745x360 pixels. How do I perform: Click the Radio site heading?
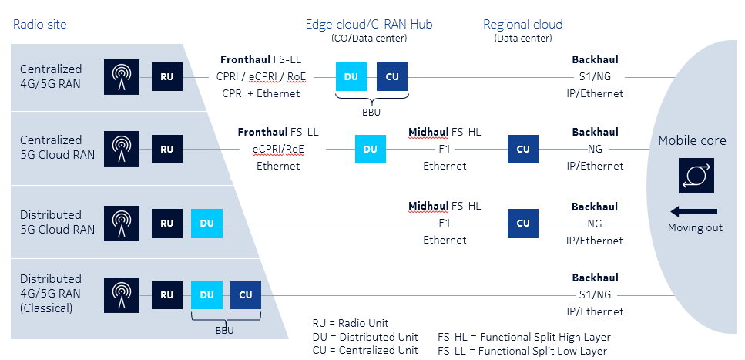40,24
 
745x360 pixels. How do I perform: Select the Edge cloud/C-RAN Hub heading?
369,24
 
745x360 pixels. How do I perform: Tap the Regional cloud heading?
522,24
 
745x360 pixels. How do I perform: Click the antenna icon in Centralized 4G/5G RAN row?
122,77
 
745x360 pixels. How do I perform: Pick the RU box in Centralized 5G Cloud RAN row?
166,150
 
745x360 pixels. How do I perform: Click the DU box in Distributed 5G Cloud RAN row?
206,223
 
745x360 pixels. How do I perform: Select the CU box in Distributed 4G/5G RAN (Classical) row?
246,294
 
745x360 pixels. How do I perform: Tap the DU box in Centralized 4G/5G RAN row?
351,77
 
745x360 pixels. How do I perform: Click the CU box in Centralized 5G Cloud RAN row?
522,150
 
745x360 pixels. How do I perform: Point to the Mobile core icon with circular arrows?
696,176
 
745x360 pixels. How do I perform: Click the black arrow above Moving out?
693,212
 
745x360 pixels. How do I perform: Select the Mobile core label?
692,140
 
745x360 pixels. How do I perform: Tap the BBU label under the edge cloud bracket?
372,113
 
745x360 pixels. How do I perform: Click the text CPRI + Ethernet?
261,93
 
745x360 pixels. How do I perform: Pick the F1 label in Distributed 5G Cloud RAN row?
445,223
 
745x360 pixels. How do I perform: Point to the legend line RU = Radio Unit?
351,323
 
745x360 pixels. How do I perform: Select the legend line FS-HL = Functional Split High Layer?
524,337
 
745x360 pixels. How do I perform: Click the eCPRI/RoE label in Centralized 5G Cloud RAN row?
278,150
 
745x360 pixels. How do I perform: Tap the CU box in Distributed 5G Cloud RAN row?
522,223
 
